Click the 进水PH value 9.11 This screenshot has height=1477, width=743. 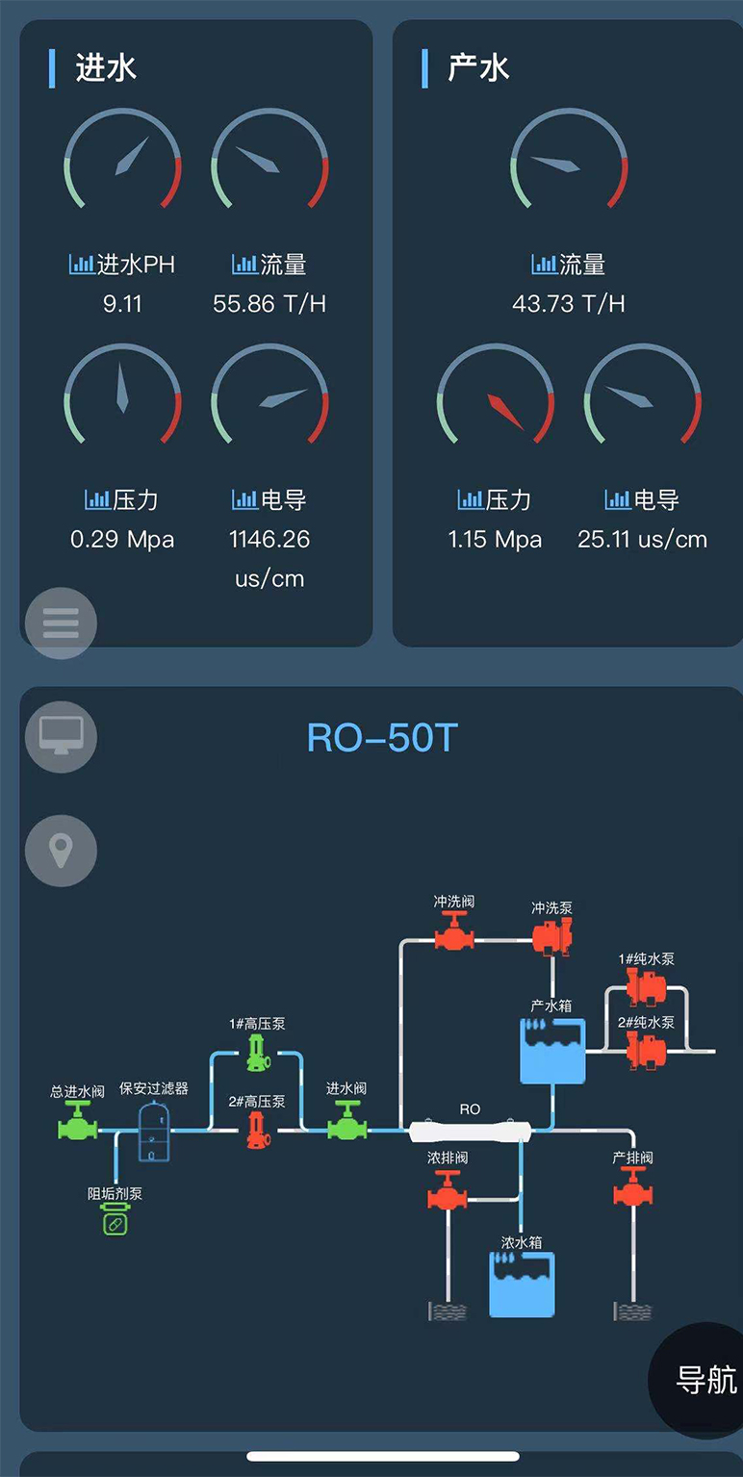[x=122, y=304]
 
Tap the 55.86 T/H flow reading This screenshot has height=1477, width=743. [x=269, y=304]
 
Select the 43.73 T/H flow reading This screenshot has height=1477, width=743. [x=569, y=304]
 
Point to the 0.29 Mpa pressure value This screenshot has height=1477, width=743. [x=122, y=539]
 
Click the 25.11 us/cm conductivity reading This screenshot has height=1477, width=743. [x=642, y=540]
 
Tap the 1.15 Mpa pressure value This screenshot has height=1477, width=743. [x=495, y=540]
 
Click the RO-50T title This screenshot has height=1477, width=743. [x=381, y=738]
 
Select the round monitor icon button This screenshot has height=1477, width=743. [x=61, y=737]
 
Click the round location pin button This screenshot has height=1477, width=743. [x=61, y=851]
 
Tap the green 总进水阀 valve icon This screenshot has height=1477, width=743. [x=78, y=1122]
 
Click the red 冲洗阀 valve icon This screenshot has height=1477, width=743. [x=454, y=931]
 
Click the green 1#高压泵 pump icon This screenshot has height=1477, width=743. [x=257, y=1053]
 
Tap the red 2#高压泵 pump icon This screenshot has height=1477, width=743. [x=257, y=1131]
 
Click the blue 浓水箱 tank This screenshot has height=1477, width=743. [x=522, y=1285]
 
